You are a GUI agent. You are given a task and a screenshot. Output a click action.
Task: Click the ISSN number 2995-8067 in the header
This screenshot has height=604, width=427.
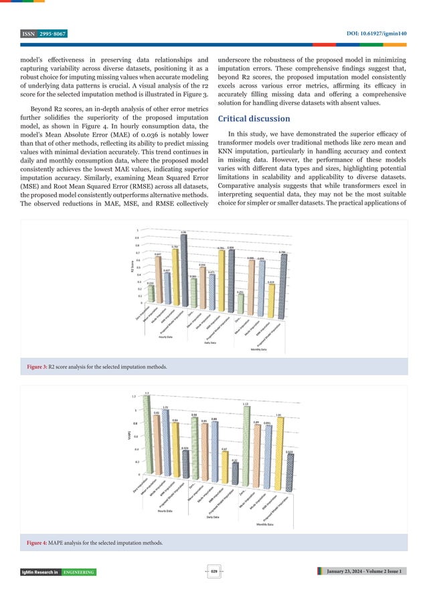51,33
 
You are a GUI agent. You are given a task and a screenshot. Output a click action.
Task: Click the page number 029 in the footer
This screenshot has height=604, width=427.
214,571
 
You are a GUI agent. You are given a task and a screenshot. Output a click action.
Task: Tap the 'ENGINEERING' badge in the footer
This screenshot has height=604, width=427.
79,572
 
